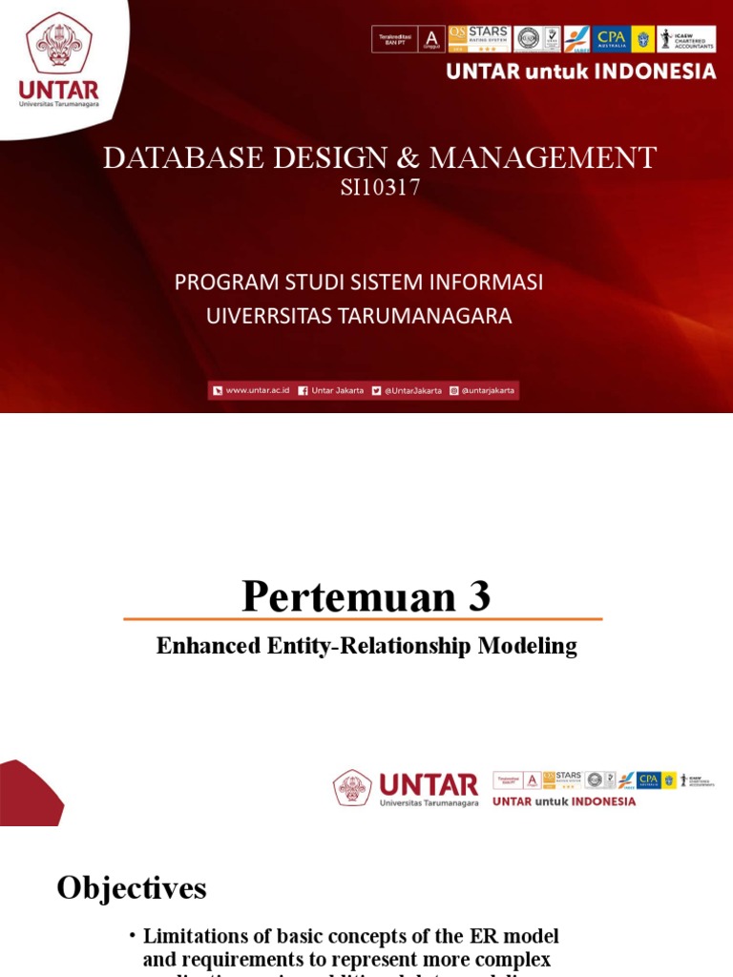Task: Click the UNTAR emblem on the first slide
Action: tap(58, 44)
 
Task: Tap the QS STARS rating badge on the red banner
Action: tap(479, 38)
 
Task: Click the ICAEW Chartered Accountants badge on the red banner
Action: tap(686, 38)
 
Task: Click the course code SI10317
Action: tap(380, 188)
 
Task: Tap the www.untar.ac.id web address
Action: tap(257, 390)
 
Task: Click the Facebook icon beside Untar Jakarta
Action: tap(303, 390)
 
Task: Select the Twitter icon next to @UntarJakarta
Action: tap(377, 390)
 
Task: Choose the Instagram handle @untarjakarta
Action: tap(487, 390)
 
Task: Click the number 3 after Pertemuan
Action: tap(478, 597)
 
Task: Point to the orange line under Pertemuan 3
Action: tap(363, 619)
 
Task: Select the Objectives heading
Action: tap(132, 888)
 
